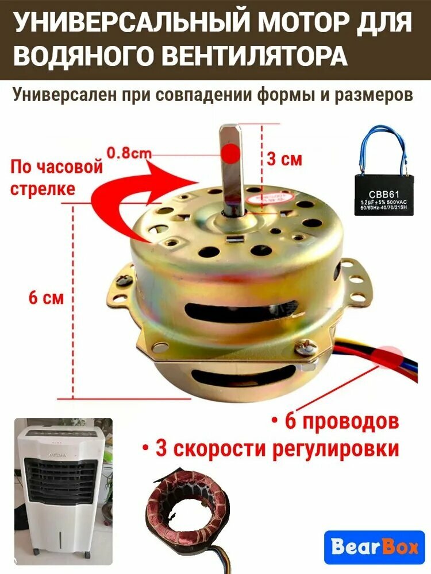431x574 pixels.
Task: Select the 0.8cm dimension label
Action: tap(129, 153)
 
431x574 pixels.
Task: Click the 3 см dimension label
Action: tap(284, 159)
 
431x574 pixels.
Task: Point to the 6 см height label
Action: tap(46, 298)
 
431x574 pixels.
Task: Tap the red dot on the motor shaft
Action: tap(231, 153)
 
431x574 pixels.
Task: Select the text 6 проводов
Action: tap(334, 422)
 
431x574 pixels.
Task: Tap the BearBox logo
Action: tap(374, 548)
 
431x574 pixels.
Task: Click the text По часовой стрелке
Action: tap(56, 178)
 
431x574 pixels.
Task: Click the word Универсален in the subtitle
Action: tap(65, 95)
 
